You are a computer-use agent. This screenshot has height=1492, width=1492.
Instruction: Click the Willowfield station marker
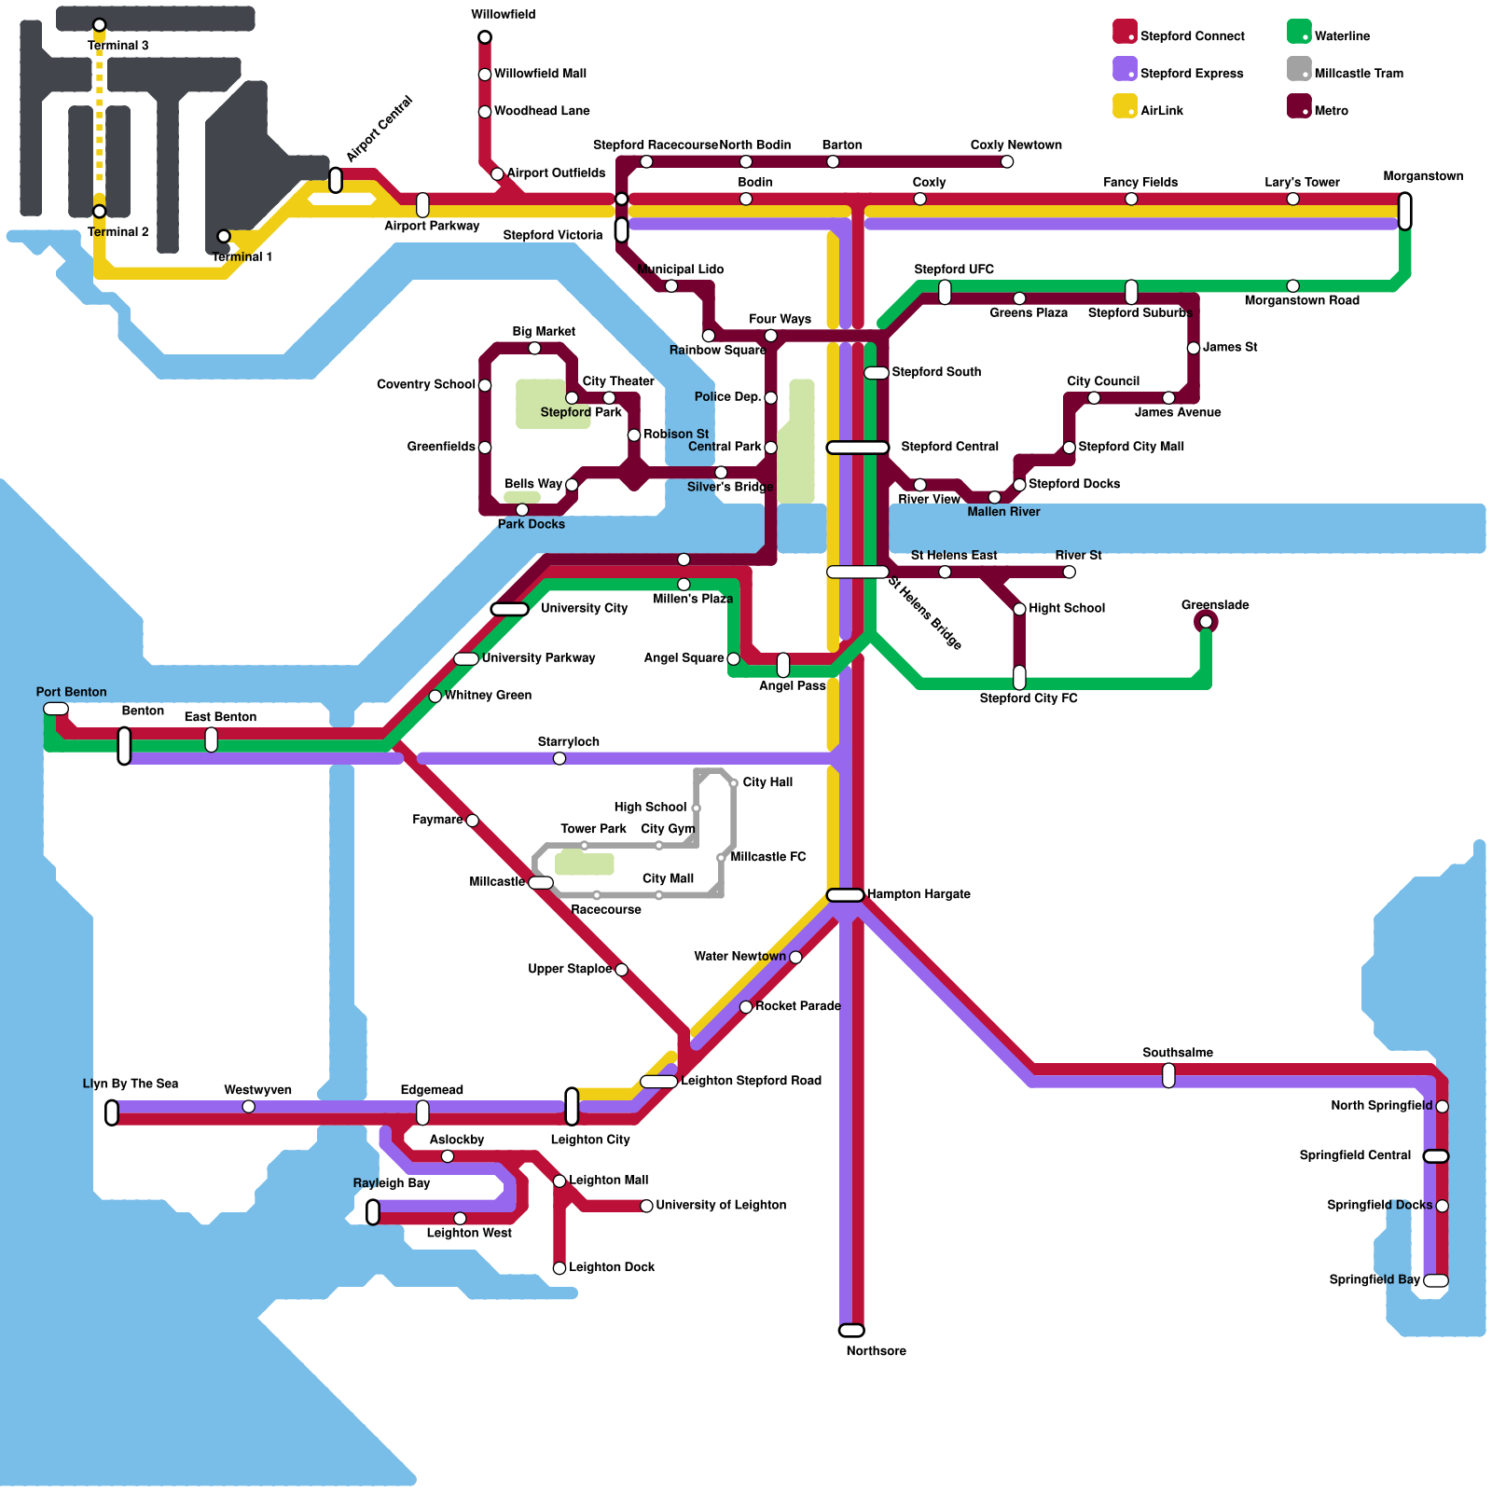click(x=485, y=37)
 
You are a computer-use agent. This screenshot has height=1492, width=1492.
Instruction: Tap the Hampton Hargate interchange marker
click(x=845, y=895)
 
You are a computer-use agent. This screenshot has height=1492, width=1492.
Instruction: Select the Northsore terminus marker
click(x=851, y=1331)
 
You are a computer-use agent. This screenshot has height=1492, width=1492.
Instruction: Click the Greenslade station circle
click(x=1206, y=622)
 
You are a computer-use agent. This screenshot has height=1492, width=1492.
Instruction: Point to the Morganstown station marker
click(x=1405, y=211)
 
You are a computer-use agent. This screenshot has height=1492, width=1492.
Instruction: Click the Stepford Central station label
click(x=949, y=447)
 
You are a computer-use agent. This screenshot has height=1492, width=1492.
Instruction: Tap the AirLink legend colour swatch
click(x=1125, y=106)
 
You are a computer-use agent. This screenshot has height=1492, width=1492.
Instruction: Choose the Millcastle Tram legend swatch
click(x=1299, y=69)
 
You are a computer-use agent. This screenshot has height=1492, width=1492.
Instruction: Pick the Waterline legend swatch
click(x=1299, y=32)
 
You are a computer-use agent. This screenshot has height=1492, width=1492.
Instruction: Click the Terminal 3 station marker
click(x=100, y=25)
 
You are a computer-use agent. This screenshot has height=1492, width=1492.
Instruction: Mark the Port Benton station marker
click(x=56, y=709)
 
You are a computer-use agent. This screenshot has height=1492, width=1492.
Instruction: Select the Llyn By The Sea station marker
click(x=112, y=1112)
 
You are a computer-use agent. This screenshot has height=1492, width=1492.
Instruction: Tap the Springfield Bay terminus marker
click(x=1436, y=1280)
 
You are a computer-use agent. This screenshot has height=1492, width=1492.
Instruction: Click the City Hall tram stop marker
click(x=734, y=783)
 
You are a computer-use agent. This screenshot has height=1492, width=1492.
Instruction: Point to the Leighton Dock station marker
click(x=559, y=1268)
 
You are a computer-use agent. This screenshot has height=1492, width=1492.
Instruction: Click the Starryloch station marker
click(x=559, y=758)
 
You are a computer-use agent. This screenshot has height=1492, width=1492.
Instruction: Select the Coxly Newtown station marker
click(x=1007, y=162)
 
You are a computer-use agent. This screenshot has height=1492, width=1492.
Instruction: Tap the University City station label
click(x=584, y=608)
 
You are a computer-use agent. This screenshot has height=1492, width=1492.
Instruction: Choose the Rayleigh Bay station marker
click(x=373, y=1212)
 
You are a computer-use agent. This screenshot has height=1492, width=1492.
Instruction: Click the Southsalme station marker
click(x=1168, y=1075)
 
